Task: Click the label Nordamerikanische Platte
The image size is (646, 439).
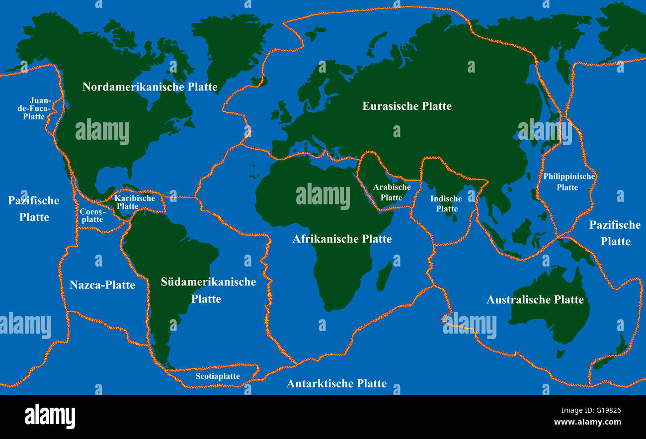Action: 150,87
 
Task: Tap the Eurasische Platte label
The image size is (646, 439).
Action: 406,106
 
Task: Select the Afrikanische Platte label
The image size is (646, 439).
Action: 342,239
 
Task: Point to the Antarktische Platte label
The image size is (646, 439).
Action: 336,383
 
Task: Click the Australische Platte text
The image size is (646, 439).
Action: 535,300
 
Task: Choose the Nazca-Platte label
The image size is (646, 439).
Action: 102,285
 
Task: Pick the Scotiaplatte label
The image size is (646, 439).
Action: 218,376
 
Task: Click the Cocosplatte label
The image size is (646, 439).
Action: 91,215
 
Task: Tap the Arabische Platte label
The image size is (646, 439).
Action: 392,192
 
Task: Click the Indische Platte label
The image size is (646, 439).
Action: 446,203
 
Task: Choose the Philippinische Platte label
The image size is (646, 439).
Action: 568,181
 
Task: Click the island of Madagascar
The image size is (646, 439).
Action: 384,276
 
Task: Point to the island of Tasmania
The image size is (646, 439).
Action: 561,354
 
